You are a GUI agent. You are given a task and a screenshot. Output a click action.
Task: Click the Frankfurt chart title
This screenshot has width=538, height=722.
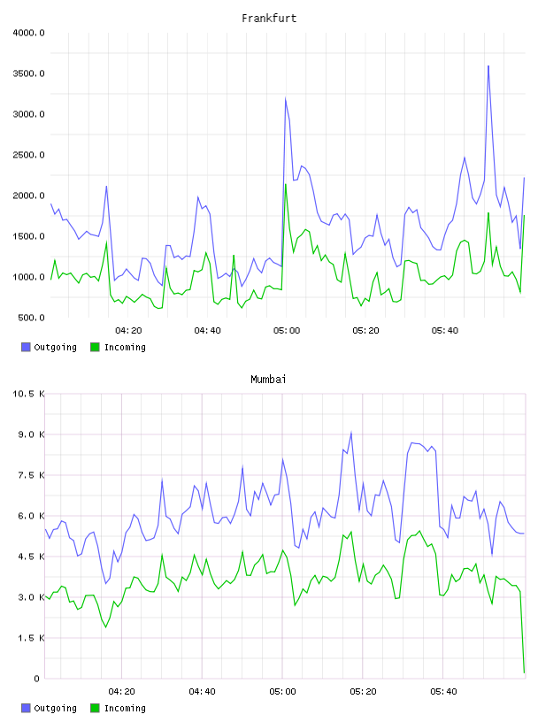click(x=269, y=19)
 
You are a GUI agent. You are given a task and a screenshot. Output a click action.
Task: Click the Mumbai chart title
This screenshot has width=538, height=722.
click(x=268, y=380)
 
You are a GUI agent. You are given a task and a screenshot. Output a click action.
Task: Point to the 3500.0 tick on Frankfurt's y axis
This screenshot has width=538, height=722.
click(x=28, y=73)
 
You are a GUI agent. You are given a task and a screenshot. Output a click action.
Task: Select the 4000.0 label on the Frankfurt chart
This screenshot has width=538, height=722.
click(x=28, y=33)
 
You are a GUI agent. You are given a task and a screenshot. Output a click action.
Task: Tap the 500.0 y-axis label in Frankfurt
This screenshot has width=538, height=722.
click(x=31, y=318)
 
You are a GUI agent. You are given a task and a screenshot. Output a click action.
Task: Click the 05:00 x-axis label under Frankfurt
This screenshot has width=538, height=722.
click(x=287, y=331)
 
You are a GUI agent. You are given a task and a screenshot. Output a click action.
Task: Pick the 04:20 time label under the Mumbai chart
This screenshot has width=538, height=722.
click(x=121, y=692)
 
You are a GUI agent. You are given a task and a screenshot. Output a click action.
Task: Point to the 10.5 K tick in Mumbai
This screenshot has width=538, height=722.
click(x=28, y=394)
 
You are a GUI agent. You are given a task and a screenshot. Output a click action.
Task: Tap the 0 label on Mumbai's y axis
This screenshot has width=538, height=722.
click(x=37, y=679)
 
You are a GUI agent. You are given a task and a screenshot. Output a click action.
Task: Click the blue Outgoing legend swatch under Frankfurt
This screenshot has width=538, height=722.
click(x=26, y=347)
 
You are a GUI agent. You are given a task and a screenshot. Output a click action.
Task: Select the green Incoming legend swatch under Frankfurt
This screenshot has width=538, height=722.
click(x=95, y=347)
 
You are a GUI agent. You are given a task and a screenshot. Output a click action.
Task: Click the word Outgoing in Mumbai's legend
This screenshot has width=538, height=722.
click(x=55, y=708)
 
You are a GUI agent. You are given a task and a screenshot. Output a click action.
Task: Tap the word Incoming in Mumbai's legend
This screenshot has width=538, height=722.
click(x=125, y=708)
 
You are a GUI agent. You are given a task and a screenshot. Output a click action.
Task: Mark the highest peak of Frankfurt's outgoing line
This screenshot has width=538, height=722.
click(x=488, y=65)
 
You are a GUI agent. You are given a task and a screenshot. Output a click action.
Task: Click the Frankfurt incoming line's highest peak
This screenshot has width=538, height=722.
click(x=286, y=184)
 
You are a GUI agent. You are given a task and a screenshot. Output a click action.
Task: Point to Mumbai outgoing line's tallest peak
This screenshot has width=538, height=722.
click(x=351, y=432)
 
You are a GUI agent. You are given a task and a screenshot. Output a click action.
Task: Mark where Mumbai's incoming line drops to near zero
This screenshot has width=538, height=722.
click(x=524, y=672)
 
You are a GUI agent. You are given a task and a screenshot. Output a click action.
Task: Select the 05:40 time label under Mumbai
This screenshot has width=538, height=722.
click(x=443, y=692)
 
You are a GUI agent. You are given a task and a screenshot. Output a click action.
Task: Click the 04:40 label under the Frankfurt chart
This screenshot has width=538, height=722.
click(x=207, y=331)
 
